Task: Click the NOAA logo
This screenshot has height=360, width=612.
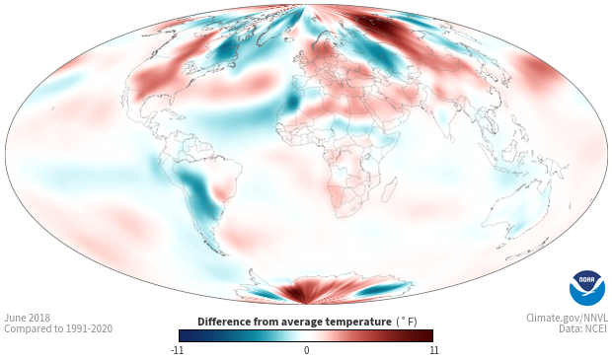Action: pyautogui.click(x=587, y=288)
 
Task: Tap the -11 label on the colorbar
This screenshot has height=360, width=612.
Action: pyautogui.click(x=177, y=350)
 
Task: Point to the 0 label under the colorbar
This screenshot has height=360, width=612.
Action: pyautogui.click(x=306, y=350)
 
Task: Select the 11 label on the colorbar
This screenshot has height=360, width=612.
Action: pyautogui.click(x=433, y=350)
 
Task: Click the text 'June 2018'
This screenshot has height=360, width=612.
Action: pyautogui.click(x=28, y=318)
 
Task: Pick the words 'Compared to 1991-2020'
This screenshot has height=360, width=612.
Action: pyautogui.click(x=58, y=328)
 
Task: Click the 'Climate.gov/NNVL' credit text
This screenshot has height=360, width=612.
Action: pyautogui.click(x=567, y=318)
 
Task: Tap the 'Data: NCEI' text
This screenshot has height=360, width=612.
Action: pyautogui.click(x=583, y=328)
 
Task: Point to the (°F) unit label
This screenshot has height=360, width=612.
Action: pyautogui.click(x=407, y=323)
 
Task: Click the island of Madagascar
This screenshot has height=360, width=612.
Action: pyautogui.click(x=389, y=189)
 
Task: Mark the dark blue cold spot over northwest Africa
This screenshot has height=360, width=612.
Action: pyautogui.click(x=292, y=102)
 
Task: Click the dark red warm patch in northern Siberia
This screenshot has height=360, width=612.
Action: pyautogui.click(x=381, y=27)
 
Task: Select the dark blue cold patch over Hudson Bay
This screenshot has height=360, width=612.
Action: pyautogui.click(x=226, y=50)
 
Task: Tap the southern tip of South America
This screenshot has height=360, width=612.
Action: pyautogui.click(x=224, y=254)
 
